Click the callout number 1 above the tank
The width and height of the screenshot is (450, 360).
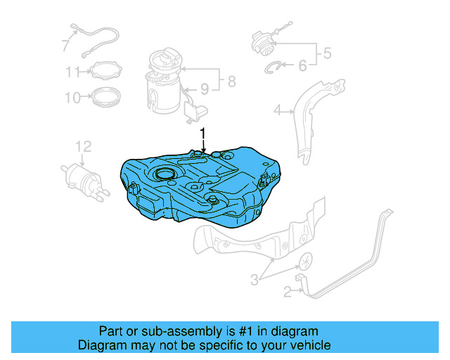coord(203,133)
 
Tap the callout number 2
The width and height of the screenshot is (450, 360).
coord(287,291)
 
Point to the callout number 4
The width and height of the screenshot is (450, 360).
coord(278,110)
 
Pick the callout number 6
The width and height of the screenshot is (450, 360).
coord(302,65)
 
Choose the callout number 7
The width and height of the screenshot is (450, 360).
coord(65,46)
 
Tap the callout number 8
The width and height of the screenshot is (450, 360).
coord(231,82)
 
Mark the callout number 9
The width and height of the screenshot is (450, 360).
coord(205,89)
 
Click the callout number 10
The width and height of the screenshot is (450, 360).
coord(73,97)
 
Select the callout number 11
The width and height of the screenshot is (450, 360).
coord(73,71)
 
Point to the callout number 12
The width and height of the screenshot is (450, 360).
coord(84,146)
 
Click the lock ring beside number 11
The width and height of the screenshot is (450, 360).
coord(104,70)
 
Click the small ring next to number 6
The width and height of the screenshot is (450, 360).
coord(275,67)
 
